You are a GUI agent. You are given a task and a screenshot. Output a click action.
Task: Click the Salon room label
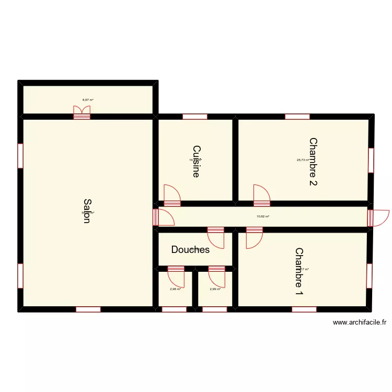tap(87, 211)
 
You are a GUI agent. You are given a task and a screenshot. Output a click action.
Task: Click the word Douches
tap(190, 250)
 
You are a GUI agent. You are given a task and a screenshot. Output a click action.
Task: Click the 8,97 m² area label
tap(88, 100)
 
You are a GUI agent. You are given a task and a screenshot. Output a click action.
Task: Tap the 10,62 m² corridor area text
tap(263, 216)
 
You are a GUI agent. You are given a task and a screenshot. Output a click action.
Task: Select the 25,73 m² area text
tap(303, 160)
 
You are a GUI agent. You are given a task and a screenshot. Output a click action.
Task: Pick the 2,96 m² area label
tap(175, 289)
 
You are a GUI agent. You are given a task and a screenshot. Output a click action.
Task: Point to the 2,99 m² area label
tap(215, 289)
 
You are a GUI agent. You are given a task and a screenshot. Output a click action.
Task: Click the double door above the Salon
tap(82, 112)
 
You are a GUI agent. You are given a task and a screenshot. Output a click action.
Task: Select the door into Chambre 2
tap(261, 195)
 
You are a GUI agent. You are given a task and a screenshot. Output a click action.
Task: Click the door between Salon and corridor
tap(163, 217)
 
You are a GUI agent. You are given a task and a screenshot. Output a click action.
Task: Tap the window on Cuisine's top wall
tap(195, 116)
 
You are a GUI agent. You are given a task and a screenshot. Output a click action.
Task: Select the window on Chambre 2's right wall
tap(371, 160)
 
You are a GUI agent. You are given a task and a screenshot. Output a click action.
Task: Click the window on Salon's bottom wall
tap(88, 309)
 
